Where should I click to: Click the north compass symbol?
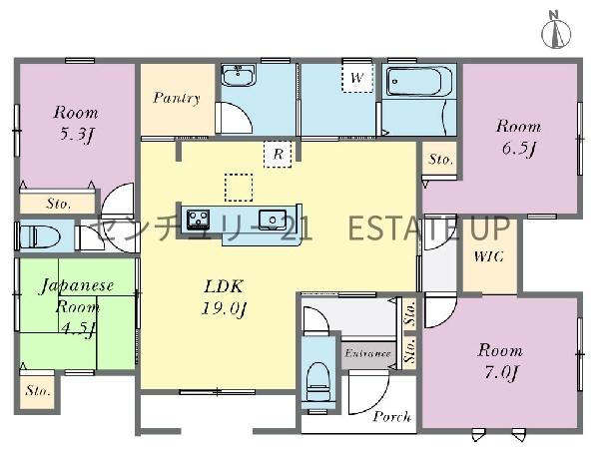tap(556, 31)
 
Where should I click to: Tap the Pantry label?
tap(177, 98)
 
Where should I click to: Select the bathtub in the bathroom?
tap(419, 81)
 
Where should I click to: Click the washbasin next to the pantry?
tap(238, 75)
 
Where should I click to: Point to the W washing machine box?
tap(357, 78)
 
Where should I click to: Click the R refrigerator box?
tap(278, 155)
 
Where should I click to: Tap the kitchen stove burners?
tap(198, 220)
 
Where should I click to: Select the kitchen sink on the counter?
tap(273, 220)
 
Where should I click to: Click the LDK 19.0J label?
tap(224, 297)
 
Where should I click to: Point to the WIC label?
tap(488, 256)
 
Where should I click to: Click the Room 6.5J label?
tap(518, 138)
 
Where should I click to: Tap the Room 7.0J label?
tap(500, 361)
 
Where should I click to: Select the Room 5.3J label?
tap(76, 123)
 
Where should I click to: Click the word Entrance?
tap(367, 353)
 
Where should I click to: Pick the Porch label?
tap(392, 416)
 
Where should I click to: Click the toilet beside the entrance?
tap(317, 380)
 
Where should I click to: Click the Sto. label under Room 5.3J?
tap(59, 204)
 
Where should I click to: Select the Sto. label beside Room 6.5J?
tap(440, 159)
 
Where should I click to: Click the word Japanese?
tap(77, 286)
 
